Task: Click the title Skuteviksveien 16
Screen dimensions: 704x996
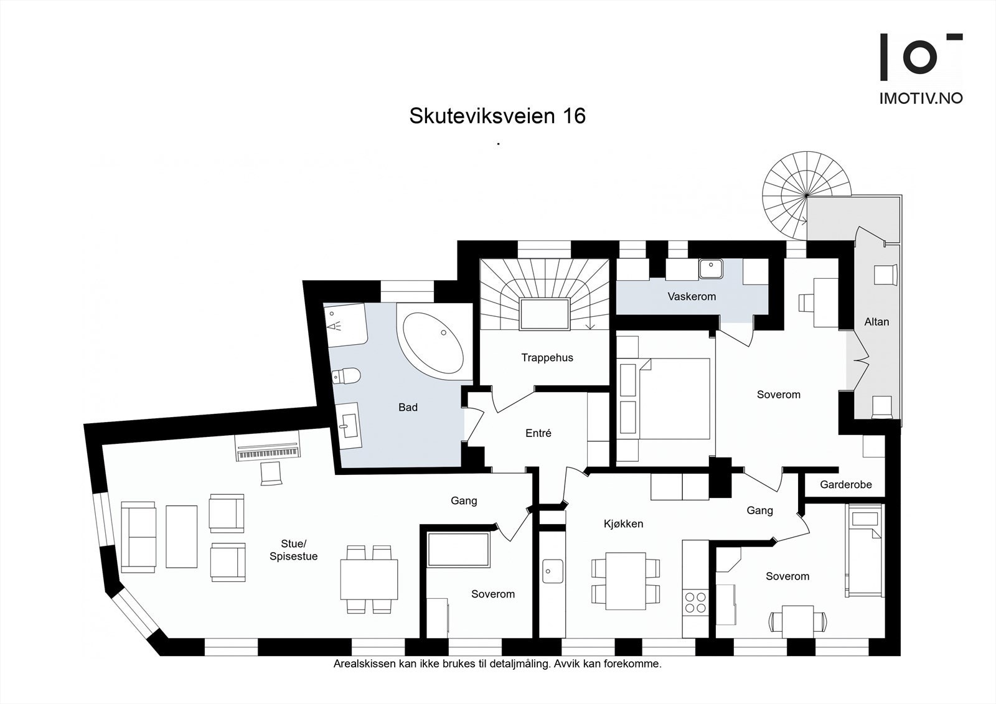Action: click(x=497, y=116)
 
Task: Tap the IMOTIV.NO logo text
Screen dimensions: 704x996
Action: click(x=920, y=98)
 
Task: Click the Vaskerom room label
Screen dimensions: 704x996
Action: click(x=692, y=296)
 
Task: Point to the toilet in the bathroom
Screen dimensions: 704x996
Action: click(x=346, y=376)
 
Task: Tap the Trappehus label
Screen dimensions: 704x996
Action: click(x=547, y=357)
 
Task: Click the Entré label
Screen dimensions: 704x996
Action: click(x=538, y=433)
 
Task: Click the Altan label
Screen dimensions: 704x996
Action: click(x=876, y=322)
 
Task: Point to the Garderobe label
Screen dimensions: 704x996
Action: click(x=845, y=484)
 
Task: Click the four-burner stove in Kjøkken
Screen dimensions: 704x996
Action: click(x=695, y=602)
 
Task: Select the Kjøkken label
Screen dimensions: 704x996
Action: click(x=623, y=523)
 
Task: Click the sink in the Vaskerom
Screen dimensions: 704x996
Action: click(x=710, y=269)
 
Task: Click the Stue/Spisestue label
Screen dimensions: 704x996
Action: click(x=293, y=550)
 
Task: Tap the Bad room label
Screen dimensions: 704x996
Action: click(x=408, y=407)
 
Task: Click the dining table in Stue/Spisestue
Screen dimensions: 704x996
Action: click(x=369, y=579)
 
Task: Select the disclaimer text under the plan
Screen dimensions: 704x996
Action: click(x=497, y=664)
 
